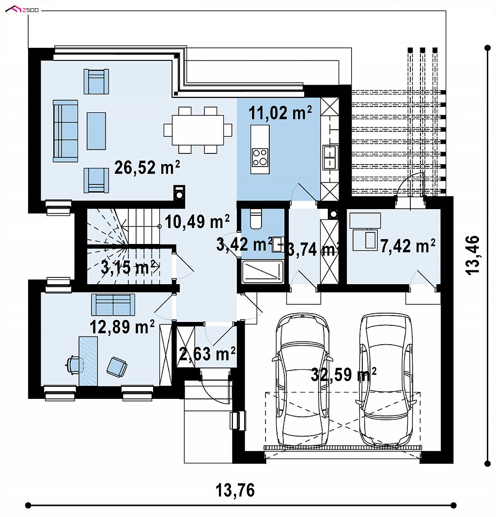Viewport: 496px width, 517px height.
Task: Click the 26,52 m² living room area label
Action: (147, 167)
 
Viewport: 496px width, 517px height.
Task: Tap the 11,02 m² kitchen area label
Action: (280, 112)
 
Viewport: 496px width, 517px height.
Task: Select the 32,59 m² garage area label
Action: (343, 374)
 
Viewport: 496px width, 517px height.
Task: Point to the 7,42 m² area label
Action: (408, 245)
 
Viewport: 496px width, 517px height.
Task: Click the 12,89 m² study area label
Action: (122, 327)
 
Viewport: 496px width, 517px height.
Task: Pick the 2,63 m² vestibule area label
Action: (207, 353)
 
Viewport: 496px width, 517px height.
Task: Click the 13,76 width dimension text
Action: (235, 490)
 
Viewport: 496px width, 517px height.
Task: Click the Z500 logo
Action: (22, 10)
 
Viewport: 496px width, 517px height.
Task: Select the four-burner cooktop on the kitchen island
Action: (260, 157)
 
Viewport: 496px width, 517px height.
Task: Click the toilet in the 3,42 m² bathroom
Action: (256, 219)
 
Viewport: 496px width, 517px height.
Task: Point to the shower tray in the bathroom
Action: (263, 272)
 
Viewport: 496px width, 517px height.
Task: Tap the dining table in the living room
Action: (198, 130)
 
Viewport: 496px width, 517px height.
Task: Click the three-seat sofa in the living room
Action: (66, 131)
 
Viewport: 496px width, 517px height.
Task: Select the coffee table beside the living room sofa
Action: (96, 131)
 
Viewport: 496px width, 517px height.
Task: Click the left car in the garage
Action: (302, 380)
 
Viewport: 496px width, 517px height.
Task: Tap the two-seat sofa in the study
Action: (113, 304)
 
